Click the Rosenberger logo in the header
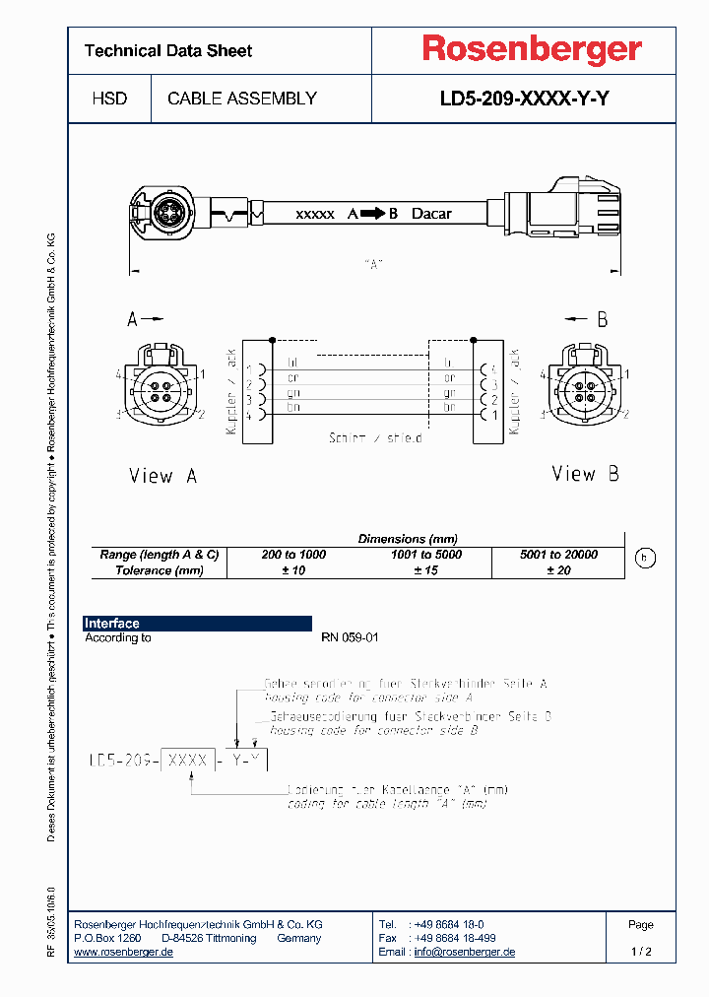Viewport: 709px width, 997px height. (532, 49)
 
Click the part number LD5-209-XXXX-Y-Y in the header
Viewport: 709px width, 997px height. (523, 99)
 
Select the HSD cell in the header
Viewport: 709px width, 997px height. (109, 99)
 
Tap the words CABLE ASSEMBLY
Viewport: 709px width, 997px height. (242, 99)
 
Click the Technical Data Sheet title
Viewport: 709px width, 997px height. (168, 51)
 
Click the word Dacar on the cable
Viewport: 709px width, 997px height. (431, 213)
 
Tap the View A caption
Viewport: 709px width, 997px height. (162, 476)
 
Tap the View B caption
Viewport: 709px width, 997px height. (585, 474)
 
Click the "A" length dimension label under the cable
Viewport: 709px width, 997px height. (372, 264)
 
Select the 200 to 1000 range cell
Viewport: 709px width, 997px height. (293, 555)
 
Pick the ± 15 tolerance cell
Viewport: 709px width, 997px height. (425, 570)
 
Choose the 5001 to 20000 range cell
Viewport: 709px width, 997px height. (558, 555)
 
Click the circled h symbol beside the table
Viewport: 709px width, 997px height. (644, 559)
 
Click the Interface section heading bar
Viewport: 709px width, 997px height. (197, 624)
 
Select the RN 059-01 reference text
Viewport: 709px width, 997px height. (350, 637)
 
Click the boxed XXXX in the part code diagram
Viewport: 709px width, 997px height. (187, 760)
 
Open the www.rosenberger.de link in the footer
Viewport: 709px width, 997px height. (124, 952)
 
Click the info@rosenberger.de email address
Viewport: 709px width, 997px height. (464, 952)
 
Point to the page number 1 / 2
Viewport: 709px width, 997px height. (641, 952)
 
